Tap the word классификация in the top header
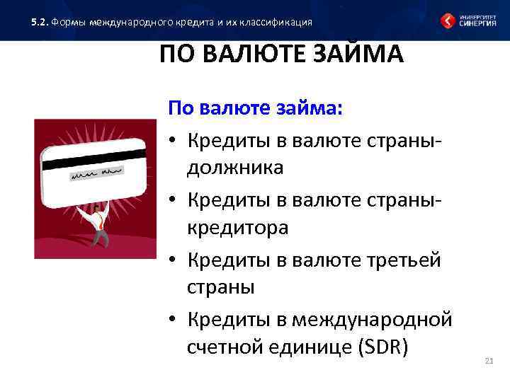pos(276,22)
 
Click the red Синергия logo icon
pos(449,21)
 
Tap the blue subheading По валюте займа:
pos(254,109)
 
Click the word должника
pos(235,168)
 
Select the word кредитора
pos(237,228)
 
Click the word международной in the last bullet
pos(375,320)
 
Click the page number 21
pos(488,362)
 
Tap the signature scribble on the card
pos(95,173)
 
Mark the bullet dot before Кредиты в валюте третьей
pos(172,260)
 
